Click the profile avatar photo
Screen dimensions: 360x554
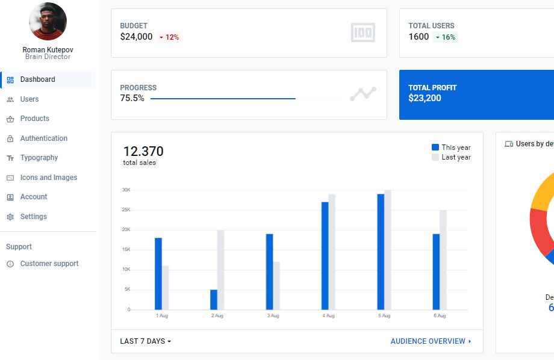click(48, 22)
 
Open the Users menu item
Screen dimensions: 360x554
click(29, 99)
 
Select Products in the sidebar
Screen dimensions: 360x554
click(34, 119)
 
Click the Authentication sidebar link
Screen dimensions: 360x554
click(43, 138)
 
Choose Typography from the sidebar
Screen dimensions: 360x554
click(39, 158)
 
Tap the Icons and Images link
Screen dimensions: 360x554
click(48, 178)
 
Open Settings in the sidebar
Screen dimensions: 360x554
click(33, 217)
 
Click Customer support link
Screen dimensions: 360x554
click(49, 264)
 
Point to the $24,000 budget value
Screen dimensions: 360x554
click(136, 37)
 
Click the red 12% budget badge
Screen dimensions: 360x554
click(169, 37)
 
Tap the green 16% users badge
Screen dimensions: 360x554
click(445, 37)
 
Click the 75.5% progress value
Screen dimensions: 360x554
click(132, 98)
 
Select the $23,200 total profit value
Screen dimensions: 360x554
click(425, 98)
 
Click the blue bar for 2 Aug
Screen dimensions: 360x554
click(214, 300)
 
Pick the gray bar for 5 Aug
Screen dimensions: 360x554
click(388, 250)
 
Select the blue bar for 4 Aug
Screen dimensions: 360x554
click(325, 256)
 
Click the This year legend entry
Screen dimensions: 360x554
click(451, 147)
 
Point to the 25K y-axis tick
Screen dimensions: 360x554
click(126, 209)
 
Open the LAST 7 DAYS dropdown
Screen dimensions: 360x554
click(146, 341)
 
